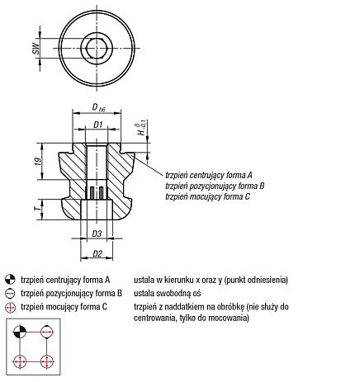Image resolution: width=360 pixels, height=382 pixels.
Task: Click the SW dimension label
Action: (x=36, y=48)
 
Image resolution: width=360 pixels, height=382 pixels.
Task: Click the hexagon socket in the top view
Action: (x=96, y=48)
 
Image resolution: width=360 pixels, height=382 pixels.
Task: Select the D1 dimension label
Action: (x=98, y=125)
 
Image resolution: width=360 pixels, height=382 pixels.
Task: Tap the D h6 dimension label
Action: (x=98, y=107)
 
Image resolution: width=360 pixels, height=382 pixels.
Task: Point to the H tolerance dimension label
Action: (x=142, y=128)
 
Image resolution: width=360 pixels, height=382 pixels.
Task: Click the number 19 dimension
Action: (x=39, y=162)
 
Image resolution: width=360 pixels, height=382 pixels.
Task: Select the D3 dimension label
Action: (x=97, y=234)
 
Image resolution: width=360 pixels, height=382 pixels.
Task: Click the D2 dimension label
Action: (x=97, y=253)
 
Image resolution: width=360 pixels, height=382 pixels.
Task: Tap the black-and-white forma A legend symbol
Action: (x=10, y=280)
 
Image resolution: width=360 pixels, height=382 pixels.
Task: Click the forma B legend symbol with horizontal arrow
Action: (x=10, y=294)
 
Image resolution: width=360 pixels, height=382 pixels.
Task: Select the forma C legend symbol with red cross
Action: (x=11, y=308)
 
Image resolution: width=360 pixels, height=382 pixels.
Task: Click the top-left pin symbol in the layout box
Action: (x=20, y=332)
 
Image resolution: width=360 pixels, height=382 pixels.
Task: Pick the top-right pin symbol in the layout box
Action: (x=47, y=332)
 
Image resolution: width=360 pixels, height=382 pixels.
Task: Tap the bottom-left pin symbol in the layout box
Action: (x=20, y=361)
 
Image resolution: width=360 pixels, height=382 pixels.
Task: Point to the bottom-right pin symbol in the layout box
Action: (x=47, y=361)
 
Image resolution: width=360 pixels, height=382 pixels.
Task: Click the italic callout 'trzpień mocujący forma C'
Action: (x=208, y=197)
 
